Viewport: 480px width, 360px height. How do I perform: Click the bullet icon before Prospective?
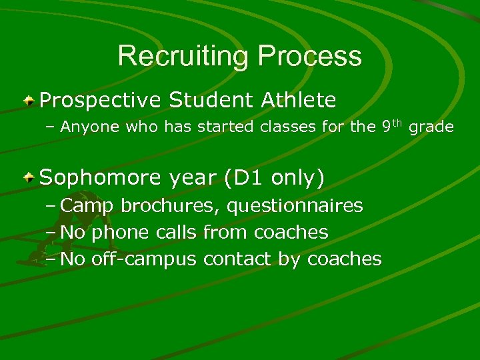pyautogui.click(x=29, y=101)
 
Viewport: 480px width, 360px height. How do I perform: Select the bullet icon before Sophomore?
pyautogui.click(x=29, y=178)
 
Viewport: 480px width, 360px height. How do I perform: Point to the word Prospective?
pyautogui.click(x=101, y=101)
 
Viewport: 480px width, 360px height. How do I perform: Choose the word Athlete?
pyautogui.click(x=299, y=100)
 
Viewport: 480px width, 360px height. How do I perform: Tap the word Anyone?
pyautogui.click(x=90, y=127)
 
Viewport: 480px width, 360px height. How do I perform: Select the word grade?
pyautogui.click(x=431, y=127)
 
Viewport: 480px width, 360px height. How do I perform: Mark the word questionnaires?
pyautogui.click(x=295, y=206)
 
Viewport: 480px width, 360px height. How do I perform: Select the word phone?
pyautogui.click(x=121, y=233)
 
